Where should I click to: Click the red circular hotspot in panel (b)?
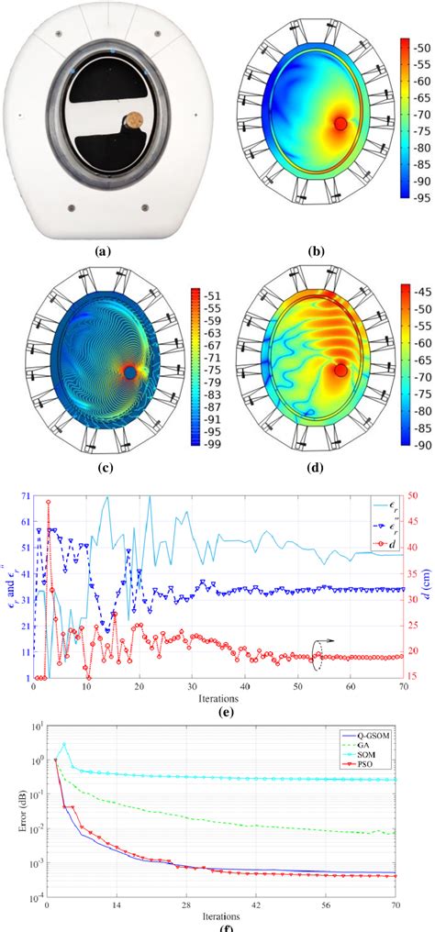[340, 124]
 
